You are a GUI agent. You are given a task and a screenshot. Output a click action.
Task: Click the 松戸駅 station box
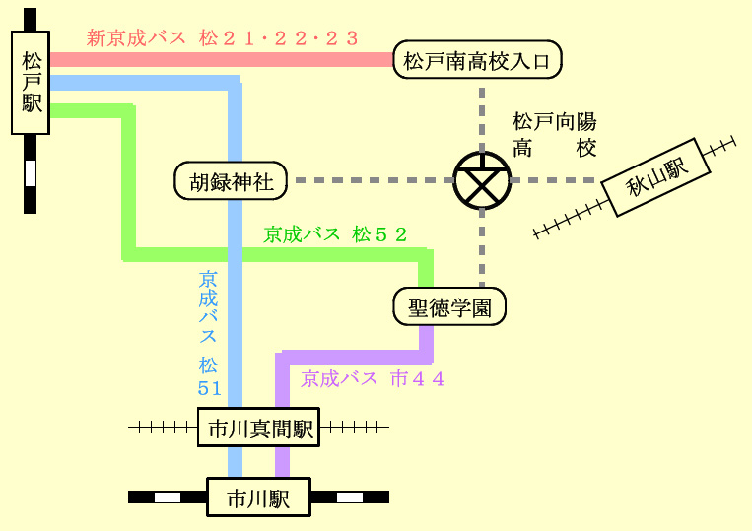click(x=31, y=83)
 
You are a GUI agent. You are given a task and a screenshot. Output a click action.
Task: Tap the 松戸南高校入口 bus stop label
click(x=477, y=60)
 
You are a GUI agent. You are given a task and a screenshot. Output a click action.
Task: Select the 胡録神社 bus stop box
click(x=231, y=180)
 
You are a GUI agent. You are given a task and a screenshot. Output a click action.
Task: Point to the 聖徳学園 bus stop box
click(x=449, y=306)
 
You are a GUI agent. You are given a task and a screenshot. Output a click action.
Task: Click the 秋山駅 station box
click(x=655, y=177)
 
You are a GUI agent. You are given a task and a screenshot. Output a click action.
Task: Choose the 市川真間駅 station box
click(x=259, y=427)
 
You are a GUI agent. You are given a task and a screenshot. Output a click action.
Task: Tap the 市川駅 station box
click(x=259, y=497)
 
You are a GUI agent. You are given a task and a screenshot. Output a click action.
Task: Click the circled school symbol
click(x=482, y=180)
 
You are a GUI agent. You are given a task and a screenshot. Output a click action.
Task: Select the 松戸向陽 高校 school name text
click(x=555, y=135)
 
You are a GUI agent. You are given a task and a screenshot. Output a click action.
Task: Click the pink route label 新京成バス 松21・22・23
click(x=222, y=38)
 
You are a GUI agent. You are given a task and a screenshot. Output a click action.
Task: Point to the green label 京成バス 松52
click(x=335, y=234)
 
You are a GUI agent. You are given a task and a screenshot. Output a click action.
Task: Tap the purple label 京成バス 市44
click(x=373, y=379)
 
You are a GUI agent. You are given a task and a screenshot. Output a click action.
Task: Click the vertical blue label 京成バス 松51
click(x=209, y=334)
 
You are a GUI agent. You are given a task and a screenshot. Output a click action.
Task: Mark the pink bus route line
click(x=222, y=59)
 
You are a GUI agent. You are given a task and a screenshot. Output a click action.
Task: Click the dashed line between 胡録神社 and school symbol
click(x=375, y=180)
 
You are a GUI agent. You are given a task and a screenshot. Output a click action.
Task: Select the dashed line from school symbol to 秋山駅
click(x=554, y=180)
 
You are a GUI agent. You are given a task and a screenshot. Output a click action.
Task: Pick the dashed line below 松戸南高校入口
click(x=482, y=120)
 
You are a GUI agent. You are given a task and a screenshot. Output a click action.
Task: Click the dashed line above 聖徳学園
click(x=482, y=248)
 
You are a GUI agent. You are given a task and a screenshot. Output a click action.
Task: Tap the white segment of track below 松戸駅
click(x=31, y=173)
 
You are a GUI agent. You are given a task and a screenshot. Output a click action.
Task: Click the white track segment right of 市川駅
click(x=350, y=498)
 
